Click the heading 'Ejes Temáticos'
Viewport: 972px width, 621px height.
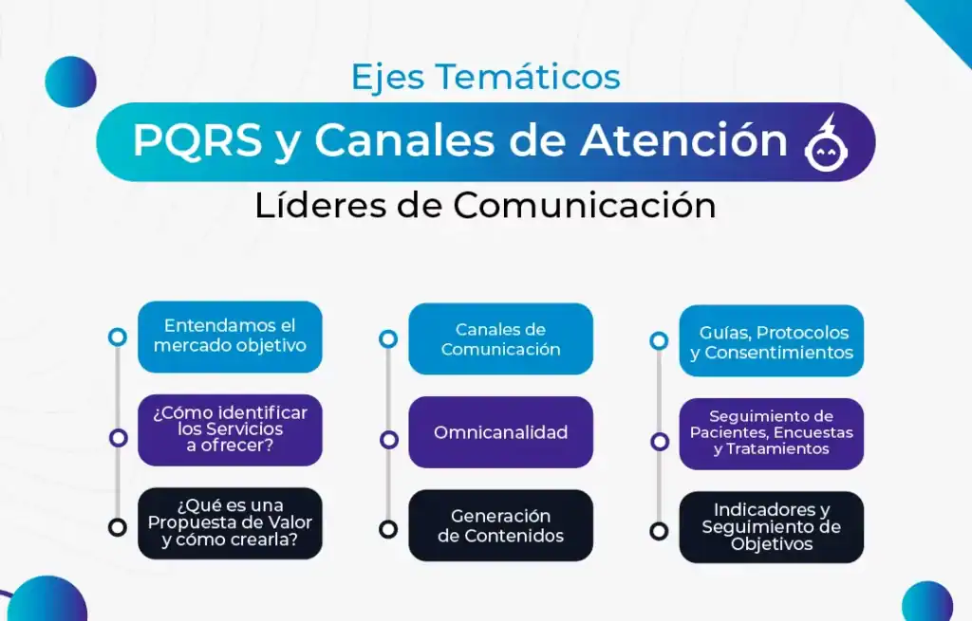(x=485, y=78)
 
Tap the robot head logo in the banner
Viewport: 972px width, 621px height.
(x=827, y=143)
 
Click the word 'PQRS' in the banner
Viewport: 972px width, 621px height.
(x=197, y=140)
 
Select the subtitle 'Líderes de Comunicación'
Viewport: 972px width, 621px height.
(x=485, y=205)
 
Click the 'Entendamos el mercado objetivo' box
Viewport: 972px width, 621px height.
(x=230, y=337)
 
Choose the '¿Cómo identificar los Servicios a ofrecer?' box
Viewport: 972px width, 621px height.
(x=230, y=429)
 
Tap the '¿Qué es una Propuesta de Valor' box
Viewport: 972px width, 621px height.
(x=230, y=523)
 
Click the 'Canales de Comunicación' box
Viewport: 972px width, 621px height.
(x=501, y=338)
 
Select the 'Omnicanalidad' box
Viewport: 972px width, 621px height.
(x=501, y=432)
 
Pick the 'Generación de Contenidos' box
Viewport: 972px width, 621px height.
(x=501, y=525)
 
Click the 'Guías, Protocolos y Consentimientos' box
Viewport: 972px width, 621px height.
(x=772, y=340)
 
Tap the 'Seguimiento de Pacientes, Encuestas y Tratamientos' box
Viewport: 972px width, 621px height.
(x=772, y=433)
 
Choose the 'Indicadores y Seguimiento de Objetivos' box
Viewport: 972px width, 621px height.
(x=772, y=527)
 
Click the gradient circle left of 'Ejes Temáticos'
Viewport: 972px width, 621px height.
(x=70, y=82)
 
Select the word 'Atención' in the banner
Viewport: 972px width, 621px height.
(x=683, y=140)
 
